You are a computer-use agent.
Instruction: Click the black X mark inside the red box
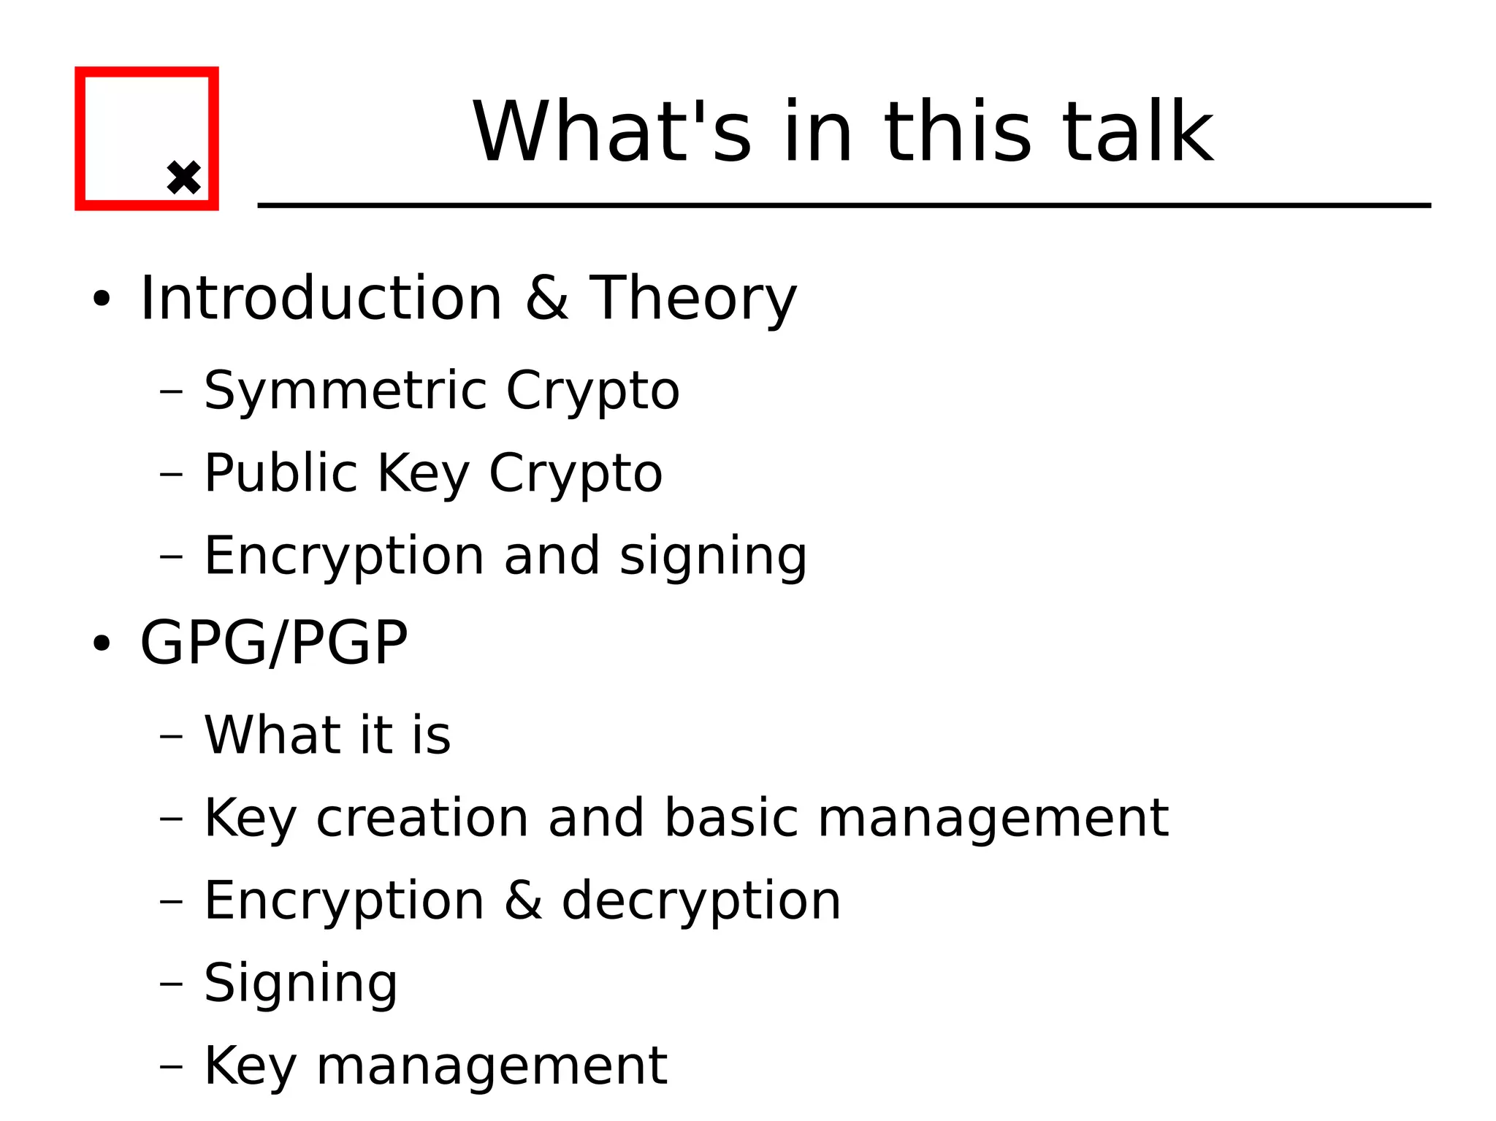pyautogui.click(x=183, y=177)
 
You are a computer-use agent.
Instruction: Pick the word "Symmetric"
pyautogui.click(x=344, y=391)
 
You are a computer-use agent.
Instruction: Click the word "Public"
pyautogui.click(x=280, y=472)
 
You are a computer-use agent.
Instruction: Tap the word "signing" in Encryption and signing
pyautogui.click(x=713, y=556)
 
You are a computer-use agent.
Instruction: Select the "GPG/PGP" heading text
pyautogui.click(x=274, y=643)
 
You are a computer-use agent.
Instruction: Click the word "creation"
pyautogui.click(x=422, y=817)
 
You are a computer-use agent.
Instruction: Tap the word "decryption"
pyautogui.click(x=701, y=900)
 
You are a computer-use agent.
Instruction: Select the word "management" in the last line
pyautogui.click(x=492, y=1065)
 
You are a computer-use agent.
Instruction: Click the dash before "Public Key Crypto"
pyautogui.click(x=171, y=474)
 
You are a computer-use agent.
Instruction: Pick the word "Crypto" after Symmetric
pyautogui.click(x=592, y=391)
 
